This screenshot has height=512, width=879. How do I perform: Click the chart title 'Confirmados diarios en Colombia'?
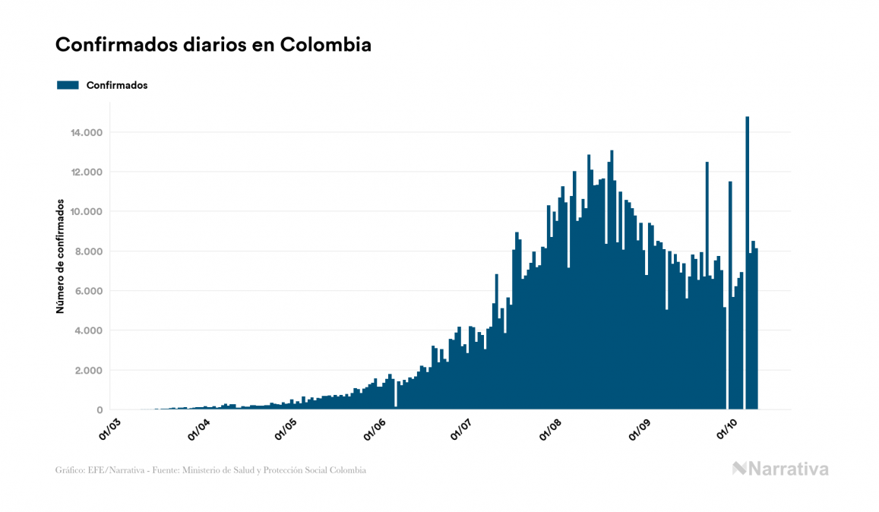point(213,45)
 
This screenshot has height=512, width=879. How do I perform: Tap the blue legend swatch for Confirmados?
point(68,85)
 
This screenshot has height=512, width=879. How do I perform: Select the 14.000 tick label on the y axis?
point(86,133)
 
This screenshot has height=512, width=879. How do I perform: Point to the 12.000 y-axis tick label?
point(86,172)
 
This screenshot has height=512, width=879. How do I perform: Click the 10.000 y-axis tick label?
point(86,212)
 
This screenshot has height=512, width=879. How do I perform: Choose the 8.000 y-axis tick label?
point(88,251)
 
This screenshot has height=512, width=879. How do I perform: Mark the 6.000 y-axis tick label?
point(88,291)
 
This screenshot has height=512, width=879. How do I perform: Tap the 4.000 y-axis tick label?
point(88,330)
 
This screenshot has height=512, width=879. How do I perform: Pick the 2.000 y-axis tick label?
point(88,371)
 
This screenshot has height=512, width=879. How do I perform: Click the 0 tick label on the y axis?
point(100,410)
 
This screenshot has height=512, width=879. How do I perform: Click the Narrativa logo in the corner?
point(780,469)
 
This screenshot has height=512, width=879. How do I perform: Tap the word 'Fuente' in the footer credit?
point(164,470)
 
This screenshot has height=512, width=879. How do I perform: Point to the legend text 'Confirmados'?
point(117,85)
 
